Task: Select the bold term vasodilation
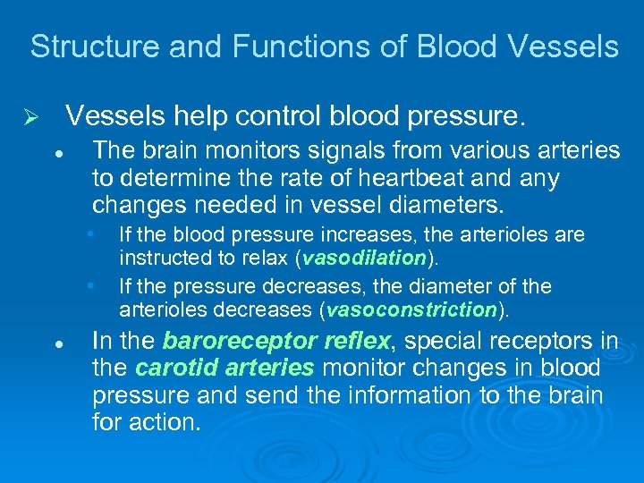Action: coord(363,258)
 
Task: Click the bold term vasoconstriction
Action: coord(412,310)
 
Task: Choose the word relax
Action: coord(267,258)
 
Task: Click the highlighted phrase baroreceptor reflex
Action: coord(276,341)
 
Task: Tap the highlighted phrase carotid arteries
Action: coord(225,368)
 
